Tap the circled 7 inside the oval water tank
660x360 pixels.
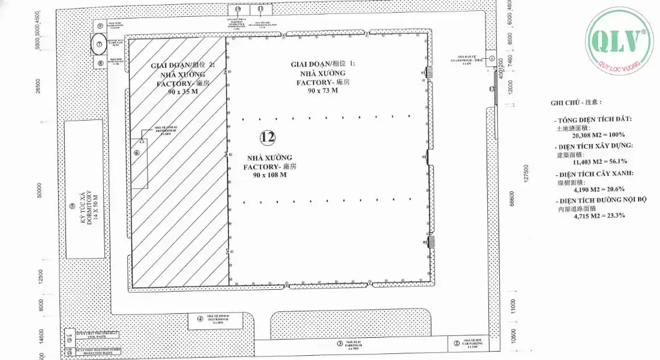tap(100, 44)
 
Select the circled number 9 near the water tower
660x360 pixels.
tap(100, 26)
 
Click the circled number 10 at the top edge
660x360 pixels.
tap(238, 9)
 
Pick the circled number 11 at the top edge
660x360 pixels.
tap(260, 9)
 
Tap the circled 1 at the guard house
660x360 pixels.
tap(492, 59)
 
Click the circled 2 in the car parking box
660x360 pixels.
tap(457, 344)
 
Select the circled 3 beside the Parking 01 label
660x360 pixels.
tap(339, 344)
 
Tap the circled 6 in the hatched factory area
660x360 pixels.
tap(137, 153)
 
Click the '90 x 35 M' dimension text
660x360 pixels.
tap(179, 94)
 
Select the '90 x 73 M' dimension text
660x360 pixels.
tap(323, 90)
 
